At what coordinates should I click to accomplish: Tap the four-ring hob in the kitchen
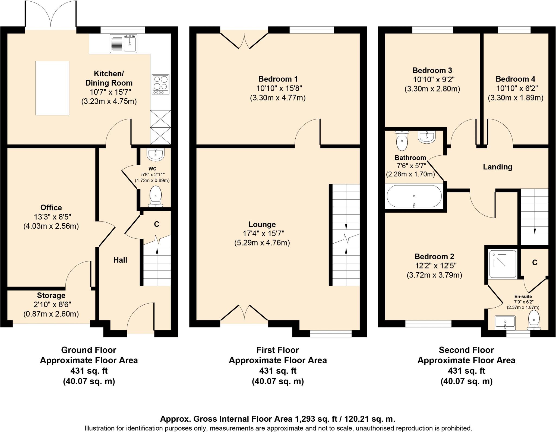tap(160, 84)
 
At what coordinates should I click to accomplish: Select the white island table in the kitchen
tap(52, 88)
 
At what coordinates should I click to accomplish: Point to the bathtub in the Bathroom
tap(414, 196)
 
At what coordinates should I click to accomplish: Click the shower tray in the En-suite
tap(503, 264)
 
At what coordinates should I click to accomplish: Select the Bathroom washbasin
tap(427, 137)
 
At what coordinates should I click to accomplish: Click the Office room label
tap(51, 208)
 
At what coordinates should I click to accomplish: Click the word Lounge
tap(262, 225)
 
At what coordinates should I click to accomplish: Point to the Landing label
tap(497, 167)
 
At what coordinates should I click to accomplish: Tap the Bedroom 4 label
tap(515, 79)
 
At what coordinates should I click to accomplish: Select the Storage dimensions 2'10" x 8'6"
tap(51, 305)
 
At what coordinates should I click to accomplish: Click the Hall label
tap(120, 260)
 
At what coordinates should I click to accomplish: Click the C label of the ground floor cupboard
tap(156, 224)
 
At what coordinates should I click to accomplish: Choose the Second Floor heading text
tap(466, 350)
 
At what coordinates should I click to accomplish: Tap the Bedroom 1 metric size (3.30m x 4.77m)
tap(278, 98)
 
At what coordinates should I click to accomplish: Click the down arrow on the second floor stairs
tap(535, 231)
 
